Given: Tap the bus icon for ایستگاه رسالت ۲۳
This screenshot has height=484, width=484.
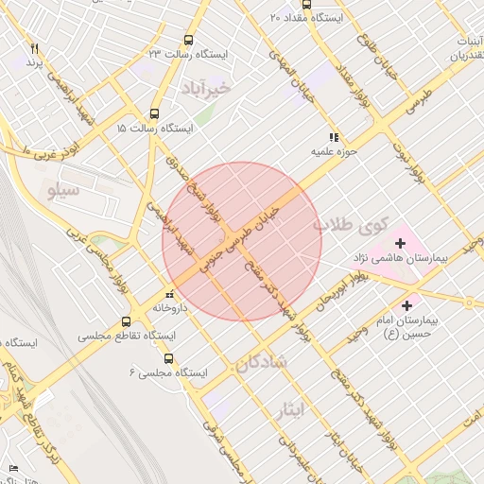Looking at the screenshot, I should click(x=189, y=41).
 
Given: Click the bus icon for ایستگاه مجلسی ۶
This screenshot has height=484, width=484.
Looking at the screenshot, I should click(x=168, y=358).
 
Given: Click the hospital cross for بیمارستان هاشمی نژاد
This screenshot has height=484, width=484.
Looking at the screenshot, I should click(x=401, y=244).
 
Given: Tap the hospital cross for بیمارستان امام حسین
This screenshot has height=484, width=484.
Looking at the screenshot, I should click(x=407, y=305).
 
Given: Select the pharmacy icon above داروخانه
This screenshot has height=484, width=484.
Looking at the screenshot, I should click(x=168, y=293).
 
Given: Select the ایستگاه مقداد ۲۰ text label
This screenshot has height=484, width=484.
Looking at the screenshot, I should click(x=308, y=18).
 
